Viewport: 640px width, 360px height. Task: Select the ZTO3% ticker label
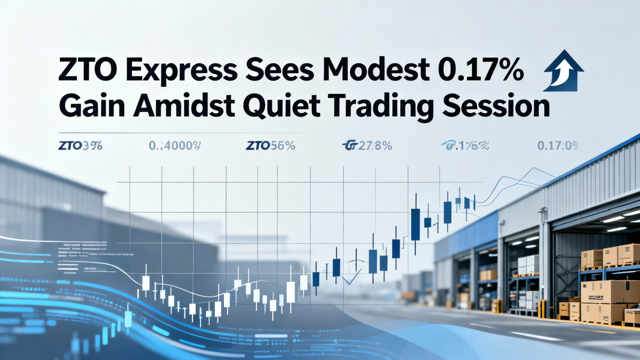(80, 146)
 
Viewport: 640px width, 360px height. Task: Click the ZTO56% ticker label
(270, 146)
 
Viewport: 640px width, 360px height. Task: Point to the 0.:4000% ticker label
(174, 146)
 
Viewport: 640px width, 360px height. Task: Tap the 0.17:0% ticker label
(557, 146)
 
